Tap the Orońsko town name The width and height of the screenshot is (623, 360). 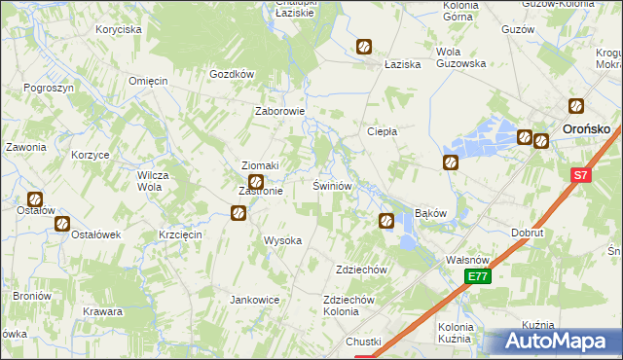point(588,126)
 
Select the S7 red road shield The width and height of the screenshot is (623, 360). point(580,176)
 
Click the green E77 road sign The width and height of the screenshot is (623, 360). point(477,277)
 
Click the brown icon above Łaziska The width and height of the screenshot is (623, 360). point(363,46)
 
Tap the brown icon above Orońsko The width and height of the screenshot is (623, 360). point(577,106)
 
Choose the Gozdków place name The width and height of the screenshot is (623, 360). point(232,74)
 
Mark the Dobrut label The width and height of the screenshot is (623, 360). point(528,234)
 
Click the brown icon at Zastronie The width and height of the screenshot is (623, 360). point(256,182)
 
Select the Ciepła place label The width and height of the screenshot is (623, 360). point(381,131)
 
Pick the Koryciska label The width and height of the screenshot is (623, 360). point(119,29)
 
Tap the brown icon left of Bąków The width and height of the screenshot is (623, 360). point(386,221)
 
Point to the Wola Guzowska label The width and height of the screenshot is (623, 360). point(461,57)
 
